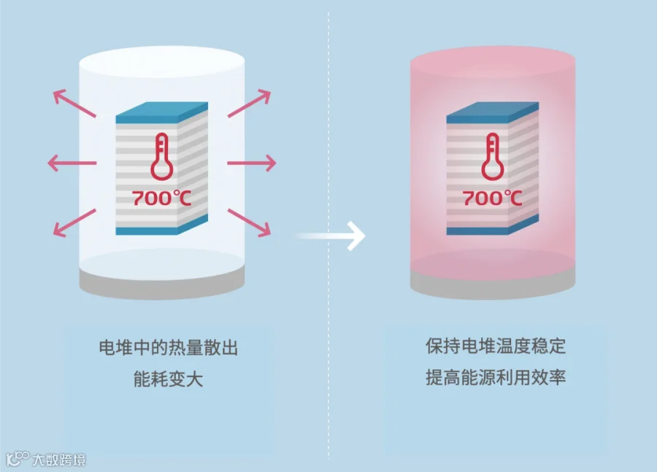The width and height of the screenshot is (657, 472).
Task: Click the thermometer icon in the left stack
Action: point(162,157)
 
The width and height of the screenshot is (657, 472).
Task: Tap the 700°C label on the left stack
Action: point(161,198)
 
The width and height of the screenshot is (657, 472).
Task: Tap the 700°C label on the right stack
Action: point(492,198)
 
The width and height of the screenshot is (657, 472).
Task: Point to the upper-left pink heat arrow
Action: point(74,104)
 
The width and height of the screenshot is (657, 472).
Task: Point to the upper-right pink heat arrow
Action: point(249,104)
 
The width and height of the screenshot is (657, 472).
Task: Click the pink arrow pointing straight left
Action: point(72,162)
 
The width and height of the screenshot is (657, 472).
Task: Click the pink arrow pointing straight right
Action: point(251,162)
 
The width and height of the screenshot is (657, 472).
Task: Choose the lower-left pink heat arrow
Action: point(74,222)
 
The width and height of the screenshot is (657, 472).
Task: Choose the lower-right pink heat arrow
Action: point(249,222)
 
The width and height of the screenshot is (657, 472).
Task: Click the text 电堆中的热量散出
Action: point(168,348)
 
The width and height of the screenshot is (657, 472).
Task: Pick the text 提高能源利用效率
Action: point(496,378)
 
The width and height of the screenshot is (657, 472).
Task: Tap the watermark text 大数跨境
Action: point(58,460)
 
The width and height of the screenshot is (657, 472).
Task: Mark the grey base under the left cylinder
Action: point(161,285)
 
